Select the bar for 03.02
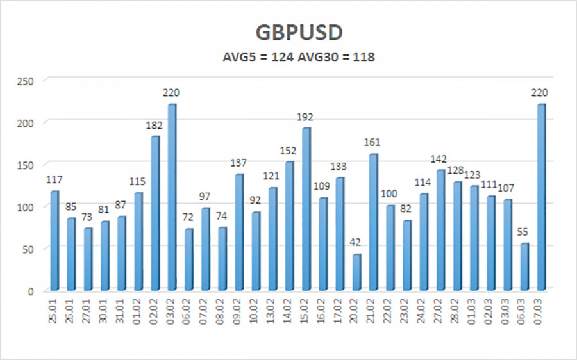coord(171,197)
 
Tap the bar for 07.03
coord(540,197)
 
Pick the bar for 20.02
coord(356,272)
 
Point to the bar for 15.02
coord(306,209)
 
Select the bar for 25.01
coord(54,241)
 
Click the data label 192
coord(306,117)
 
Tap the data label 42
coord(356,243)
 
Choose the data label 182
coord(155,126)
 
